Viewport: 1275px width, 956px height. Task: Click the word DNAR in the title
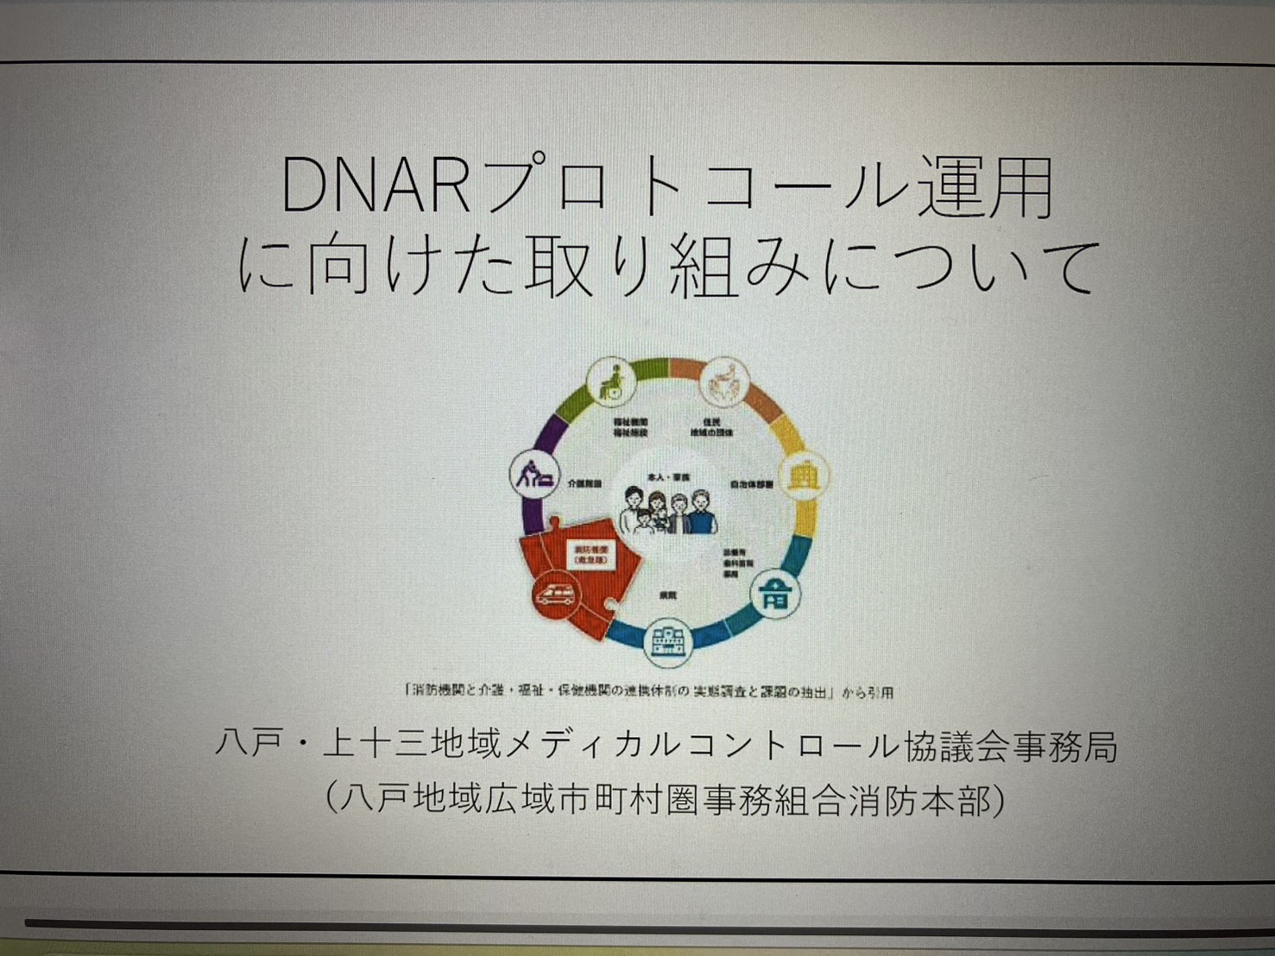[x=376, y=187]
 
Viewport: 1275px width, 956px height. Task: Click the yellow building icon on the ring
[x=805, y=475]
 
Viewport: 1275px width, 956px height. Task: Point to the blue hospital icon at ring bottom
[x=667, y=641]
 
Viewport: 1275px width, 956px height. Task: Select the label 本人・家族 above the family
[x=669, y=477]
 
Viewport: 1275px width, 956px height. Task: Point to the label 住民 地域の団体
[x=711, y=427]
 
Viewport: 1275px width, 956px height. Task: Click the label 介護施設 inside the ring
[x=584, y=485]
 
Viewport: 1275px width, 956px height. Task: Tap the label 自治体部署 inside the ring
[x=752, y=485]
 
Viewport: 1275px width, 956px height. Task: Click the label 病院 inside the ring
[x=667, y=595]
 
